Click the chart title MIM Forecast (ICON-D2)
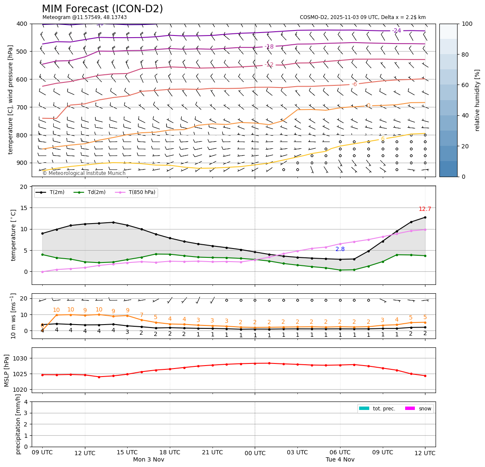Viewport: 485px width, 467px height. click(102, 9)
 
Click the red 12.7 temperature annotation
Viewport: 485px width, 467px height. click(425, 209)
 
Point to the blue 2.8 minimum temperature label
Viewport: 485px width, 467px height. click(340, 249)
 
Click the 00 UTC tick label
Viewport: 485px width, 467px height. click(255, 453)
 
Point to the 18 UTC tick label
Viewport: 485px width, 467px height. click(170, 453)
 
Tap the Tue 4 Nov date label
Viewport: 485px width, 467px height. click(340, 460)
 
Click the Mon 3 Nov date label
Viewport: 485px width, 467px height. click(148, 460)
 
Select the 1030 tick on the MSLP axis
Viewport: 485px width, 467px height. click(21, 358)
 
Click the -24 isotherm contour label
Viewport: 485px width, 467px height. click(396, 31)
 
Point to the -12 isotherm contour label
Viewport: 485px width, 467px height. click(269, 65)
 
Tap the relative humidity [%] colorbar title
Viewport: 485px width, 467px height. click(477, 100)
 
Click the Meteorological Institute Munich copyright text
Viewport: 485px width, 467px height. click(84, 173)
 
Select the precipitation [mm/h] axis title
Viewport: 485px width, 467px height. click(18, 424)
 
